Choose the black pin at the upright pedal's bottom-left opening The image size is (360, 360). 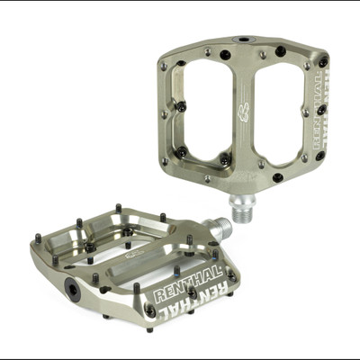(180, 152)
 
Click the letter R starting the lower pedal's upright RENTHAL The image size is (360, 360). (160, 296)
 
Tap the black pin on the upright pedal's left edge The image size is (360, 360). (181, 106)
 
